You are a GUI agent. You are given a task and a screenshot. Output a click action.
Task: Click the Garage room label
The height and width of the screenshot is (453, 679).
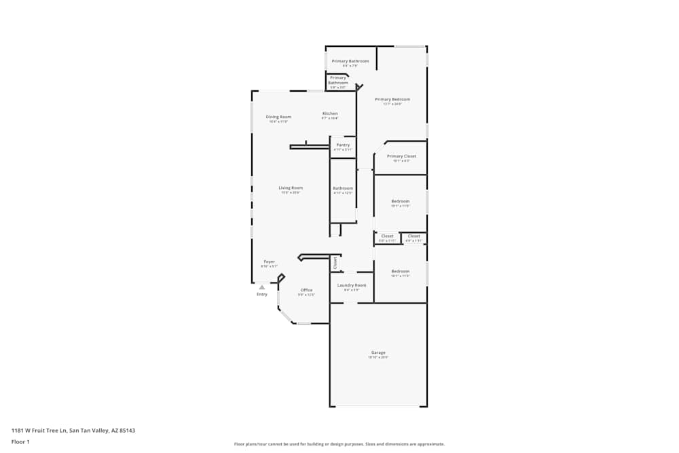[x=378, y=352]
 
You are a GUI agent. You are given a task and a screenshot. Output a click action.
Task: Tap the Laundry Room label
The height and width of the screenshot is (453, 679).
[x=352, y=285]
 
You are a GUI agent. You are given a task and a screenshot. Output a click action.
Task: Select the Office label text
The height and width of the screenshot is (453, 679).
[x=306, y=290]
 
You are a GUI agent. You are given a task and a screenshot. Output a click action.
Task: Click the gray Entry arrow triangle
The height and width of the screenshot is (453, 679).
[x=262, y=287]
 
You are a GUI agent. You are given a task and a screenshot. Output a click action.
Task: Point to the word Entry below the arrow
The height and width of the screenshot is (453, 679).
[x=262, y=294]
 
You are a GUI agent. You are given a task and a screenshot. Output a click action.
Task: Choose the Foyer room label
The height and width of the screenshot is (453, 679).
[x=270, y=261]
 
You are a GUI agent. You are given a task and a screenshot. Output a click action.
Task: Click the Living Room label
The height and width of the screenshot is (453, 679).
[x=291, y=187]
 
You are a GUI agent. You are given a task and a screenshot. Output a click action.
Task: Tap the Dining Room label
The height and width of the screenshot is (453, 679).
[x=278, y=117]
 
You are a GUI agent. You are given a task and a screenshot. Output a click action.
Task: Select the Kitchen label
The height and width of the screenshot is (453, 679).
[x=330, y=113]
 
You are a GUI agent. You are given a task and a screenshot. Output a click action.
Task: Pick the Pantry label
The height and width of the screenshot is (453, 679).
[x=343, y=145]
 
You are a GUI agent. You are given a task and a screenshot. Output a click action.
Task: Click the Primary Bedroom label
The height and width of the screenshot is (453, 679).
[x=392, y=99]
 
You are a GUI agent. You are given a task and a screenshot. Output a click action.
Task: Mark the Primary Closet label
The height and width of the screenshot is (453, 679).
[x=401, y=156]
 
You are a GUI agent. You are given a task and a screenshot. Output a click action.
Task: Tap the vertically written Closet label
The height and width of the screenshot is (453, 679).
[x=335, y=262]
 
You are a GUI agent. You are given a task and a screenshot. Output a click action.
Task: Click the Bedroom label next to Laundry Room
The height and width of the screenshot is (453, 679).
[x=401, y=272]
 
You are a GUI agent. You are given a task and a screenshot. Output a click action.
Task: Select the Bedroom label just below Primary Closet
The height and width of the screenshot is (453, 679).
[x=401, y=201]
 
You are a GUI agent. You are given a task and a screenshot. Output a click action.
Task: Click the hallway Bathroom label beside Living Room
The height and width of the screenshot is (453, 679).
[x=343, y=188]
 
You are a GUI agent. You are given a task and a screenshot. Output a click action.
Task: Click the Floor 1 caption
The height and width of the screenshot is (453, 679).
[x=20, y=441]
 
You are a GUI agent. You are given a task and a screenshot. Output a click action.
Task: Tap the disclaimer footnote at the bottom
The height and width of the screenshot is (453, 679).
[x=339, y=444]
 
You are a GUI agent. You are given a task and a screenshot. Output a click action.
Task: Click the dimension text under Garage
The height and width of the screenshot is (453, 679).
[x=378, y=357]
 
